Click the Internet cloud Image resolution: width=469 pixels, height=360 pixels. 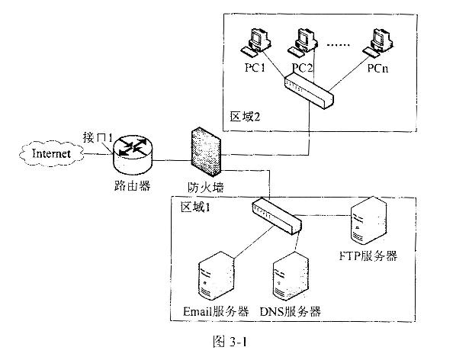point(51,154)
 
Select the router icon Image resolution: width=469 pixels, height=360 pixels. point(133,155)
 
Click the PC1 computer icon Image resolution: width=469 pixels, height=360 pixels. point(255,42)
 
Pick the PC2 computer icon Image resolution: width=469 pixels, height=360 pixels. point(302,42)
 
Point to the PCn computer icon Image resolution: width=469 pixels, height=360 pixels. point(377,42)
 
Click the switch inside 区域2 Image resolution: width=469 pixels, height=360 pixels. point(309,91)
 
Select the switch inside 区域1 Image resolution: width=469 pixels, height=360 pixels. point(277,216)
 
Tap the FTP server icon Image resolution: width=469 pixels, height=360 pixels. point(368,221)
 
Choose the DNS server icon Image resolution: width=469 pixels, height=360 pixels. point(291,277)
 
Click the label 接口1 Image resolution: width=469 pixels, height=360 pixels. point(98,137)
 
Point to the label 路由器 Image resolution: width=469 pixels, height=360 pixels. point(132,186)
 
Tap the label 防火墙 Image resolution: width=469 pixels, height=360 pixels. point(206,188)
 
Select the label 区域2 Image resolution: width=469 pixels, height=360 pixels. point(245,116)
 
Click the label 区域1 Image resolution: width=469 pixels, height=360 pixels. point(195,207)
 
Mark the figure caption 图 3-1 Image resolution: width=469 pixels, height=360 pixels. point(230,342)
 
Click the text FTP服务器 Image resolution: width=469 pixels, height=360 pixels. point(368,256)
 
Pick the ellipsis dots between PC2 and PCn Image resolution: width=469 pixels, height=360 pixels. point(339,45)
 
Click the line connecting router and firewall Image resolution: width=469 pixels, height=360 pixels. point(172,161)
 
